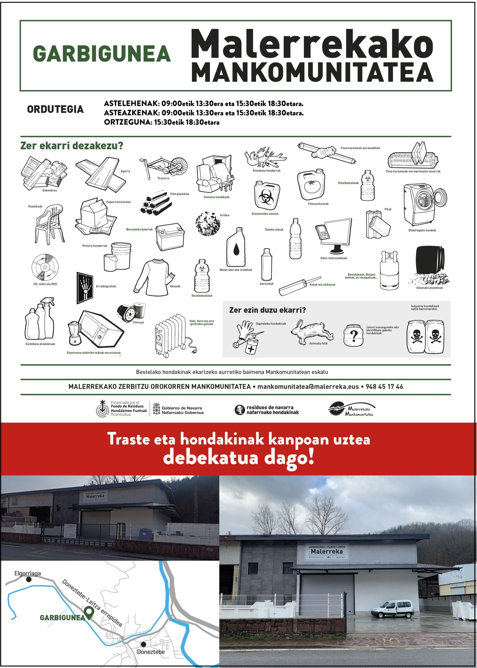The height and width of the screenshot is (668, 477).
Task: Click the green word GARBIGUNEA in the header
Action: coord(102,54)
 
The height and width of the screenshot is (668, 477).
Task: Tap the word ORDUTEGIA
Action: coord(56,109)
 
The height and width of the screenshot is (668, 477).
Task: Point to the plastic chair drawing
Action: coord(49,224)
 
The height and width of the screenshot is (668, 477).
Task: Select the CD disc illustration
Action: coord(45,267)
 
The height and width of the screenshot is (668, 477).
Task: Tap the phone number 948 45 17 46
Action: coord(384,387)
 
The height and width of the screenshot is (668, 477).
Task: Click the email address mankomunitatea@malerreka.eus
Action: coord(308,387)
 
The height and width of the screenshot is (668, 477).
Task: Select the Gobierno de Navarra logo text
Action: coord(182,410)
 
